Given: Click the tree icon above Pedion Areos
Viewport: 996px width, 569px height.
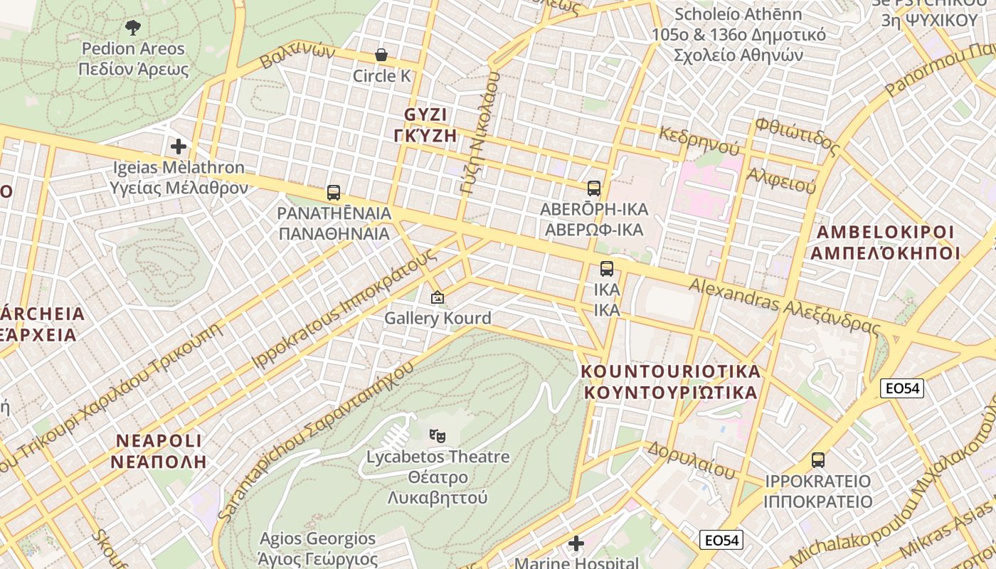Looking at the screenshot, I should pos(132,28).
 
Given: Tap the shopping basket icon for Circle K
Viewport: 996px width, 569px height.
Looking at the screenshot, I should pos(381,55).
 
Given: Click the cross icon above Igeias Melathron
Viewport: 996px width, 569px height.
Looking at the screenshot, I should pos(179,147).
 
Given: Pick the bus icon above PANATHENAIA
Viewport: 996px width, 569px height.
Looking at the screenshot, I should pos(333,192).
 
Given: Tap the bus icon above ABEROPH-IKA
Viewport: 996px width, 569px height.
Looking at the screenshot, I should pos(593,188).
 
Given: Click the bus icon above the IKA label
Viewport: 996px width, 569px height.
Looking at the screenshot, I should pos(606,269).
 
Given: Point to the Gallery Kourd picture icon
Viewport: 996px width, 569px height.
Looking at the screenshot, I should pos(437,298).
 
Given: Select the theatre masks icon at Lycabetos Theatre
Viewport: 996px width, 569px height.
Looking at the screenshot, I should pos(437,435).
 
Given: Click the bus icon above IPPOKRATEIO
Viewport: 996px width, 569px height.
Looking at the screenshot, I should pos(818,460).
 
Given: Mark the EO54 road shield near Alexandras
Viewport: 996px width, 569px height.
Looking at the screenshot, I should pos(901,388).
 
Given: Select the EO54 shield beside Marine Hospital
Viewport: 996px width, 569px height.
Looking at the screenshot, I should pos(721,541).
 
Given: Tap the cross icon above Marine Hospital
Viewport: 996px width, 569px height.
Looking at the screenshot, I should pos(576,544).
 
